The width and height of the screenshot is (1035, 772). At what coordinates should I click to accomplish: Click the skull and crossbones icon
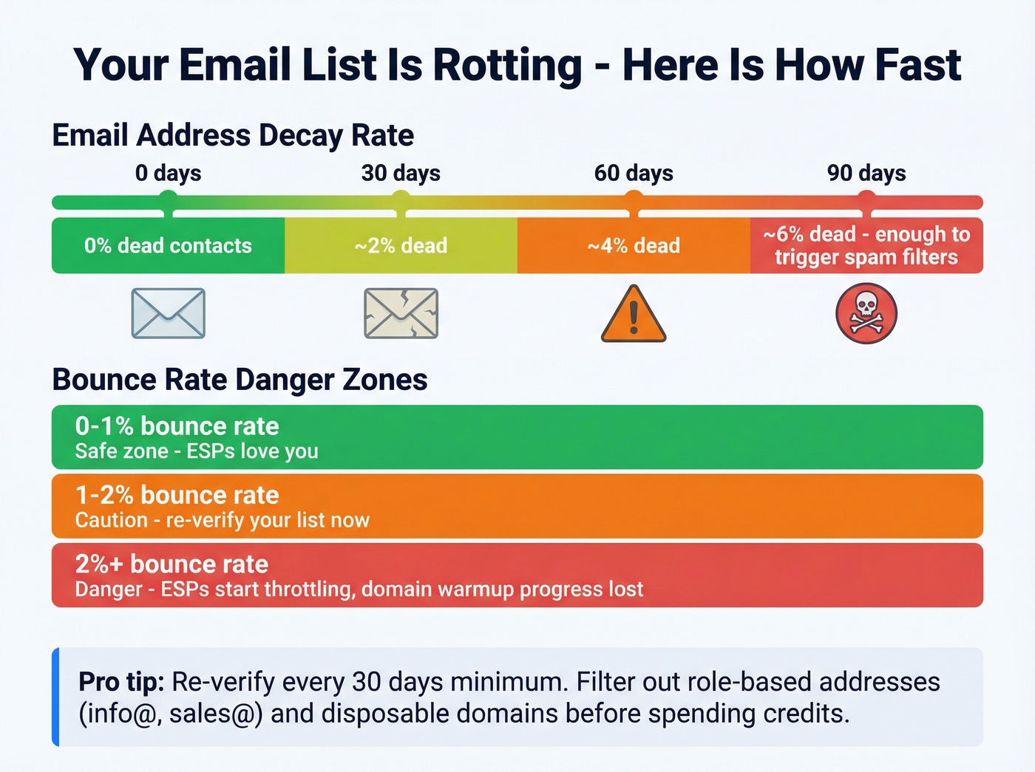coord(866,314)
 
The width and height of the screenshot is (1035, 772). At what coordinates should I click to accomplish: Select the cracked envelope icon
coord(401,314)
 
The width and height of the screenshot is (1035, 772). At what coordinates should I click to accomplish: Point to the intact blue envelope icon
coord(169,314)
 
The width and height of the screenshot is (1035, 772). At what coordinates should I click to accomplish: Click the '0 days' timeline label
coord(168,173)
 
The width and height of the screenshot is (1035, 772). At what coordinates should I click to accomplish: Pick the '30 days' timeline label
coord(401,173)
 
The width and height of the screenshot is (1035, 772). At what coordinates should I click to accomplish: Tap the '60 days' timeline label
coord(634,173)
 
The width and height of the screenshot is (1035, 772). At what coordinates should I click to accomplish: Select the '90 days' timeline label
coord(866,173)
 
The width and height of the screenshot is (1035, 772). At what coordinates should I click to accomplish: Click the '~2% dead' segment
coord(401,245)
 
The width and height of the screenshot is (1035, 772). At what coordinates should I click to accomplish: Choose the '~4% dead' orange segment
coord(634,245)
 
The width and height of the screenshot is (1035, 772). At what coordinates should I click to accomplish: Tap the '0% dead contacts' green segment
coord(168,245)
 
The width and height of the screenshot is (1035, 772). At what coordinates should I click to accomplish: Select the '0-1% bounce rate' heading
coord(177,426)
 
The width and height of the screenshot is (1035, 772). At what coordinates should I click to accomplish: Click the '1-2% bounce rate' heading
coord(177,495)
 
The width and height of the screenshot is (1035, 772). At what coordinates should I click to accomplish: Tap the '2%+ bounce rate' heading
coord(172,564)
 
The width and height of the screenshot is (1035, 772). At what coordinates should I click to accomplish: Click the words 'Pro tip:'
coord(121,681)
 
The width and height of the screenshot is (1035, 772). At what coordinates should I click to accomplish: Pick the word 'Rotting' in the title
coord(507,65)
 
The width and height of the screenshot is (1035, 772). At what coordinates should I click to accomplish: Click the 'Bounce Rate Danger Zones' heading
coord(240,380)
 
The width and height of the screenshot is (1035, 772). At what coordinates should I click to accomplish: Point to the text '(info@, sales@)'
coord(171,714)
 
